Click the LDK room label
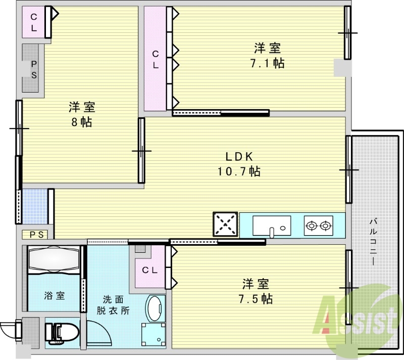(x=239, y=156)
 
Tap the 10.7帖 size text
(x=239, y=172)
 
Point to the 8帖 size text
(x=82, y=122)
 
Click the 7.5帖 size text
(x=256, y=299)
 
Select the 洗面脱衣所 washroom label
(x=113, y=305)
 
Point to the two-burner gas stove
(x=318, y=225)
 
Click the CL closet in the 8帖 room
(x=34, y=22)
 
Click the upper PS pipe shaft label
(x=33, y=70)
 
